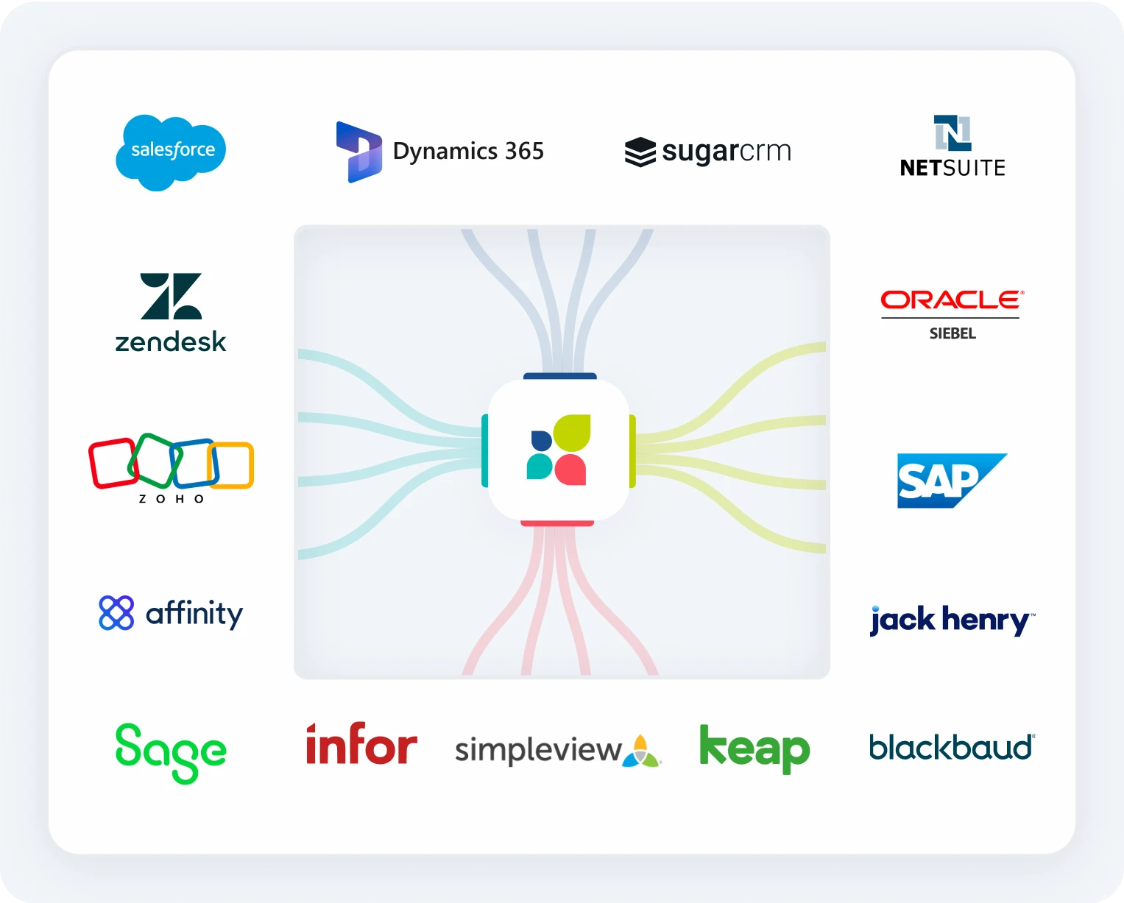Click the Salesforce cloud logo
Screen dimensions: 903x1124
[x=171, y=152]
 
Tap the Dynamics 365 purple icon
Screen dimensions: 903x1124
[x=359, y=152]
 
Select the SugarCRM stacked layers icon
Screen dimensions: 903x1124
[x=640, y=152]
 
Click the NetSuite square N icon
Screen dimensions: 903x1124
[x=952, y=132]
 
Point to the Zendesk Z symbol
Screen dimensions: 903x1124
[x=171, y=296]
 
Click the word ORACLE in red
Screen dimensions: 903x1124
[x=951, y=300]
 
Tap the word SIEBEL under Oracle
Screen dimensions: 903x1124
[x=952, y=333]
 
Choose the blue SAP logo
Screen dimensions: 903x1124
[x=950, y=481]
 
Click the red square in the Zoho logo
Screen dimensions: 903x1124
[x=112, y=463]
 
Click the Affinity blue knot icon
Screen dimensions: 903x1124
[x=116, y=613]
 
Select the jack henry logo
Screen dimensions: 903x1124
[x=952, y=620]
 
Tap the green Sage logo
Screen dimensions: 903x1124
[x=171, y=751]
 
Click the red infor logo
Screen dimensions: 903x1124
[x=361, y=745]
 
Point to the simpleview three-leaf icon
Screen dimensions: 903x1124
[x=642, y=751]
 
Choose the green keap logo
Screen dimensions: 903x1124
[x=754, y=748]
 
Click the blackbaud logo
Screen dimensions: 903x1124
[x=952, y=747]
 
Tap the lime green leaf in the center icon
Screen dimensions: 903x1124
[x=573, y=433]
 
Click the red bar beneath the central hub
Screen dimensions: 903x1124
[x=557, y=523]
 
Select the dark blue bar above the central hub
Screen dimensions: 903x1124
[x=559, y=376]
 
